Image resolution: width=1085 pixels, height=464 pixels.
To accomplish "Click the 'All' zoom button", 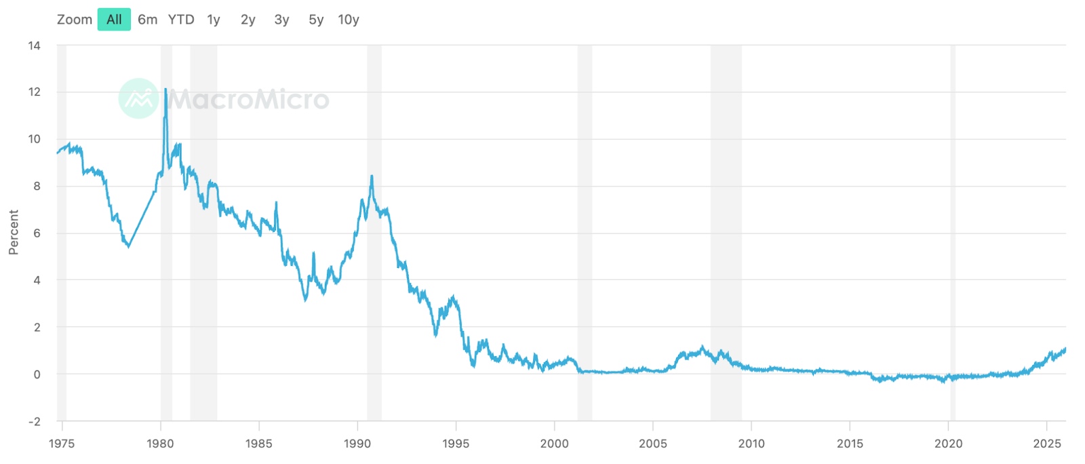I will (x=114, y=20).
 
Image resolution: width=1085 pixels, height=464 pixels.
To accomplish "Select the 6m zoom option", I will (x=147, y=20).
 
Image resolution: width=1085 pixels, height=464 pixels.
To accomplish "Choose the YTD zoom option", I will (x=181, y=20).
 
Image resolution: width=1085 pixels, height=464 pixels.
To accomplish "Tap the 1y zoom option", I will (x=214, y=20).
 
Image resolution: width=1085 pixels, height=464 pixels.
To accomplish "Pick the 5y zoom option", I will (x=316, y=20).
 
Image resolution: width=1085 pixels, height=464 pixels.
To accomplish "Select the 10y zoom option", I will (x=349, y=20).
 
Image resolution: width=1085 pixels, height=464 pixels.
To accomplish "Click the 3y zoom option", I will (x=281, y=20).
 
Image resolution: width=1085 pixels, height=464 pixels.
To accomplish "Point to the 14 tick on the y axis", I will (x=34, y=45).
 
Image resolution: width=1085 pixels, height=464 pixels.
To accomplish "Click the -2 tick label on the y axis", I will (x=34, y=421).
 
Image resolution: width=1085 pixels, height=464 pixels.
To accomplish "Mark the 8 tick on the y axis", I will (x=37, y=186).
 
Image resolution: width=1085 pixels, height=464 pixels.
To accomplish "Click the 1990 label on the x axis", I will (x=357, y=444).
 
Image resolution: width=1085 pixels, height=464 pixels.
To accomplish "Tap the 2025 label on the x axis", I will (x=1047, y=444).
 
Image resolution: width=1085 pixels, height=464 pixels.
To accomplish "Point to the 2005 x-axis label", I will (x=653, y=444).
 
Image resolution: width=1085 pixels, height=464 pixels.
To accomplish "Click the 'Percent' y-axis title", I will (x=14, y=232).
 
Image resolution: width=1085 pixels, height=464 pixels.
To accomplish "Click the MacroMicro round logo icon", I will (x=138, y=99).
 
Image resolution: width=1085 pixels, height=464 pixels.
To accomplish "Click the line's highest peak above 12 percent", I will (x=165, y=89).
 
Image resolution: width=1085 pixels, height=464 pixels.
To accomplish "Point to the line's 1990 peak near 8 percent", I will (x=372, y=176).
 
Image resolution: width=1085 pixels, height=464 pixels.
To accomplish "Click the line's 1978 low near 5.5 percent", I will (x=129, y=246).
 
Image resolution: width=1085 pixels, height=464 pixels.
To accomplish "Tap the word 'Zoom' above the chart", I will (x=75, y=20).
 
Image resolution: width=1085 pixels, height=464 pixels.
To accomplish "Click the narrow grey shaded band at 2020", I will (x=953, y=231).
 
